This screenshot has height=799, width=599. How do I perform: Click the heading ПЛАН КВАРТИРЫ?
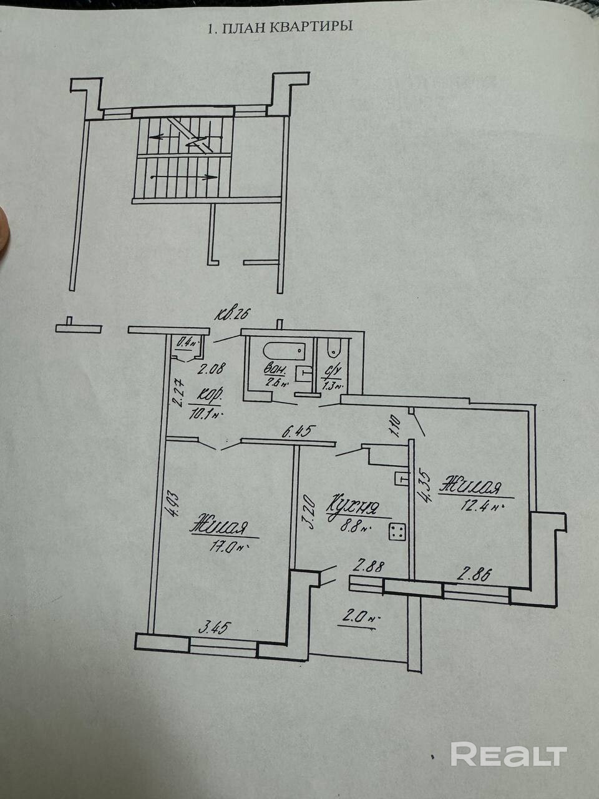coord(280,28)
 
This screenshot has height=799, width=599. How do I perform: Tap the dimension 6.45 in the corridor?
coord(300,430)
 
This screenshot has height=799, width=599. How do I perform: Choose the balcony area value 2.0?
coord(357,619)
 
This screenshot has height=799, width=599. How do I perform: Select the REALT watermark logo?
coord(509,754)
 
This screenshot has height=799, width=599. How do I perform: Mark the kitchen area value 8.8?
coord(353,526)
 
